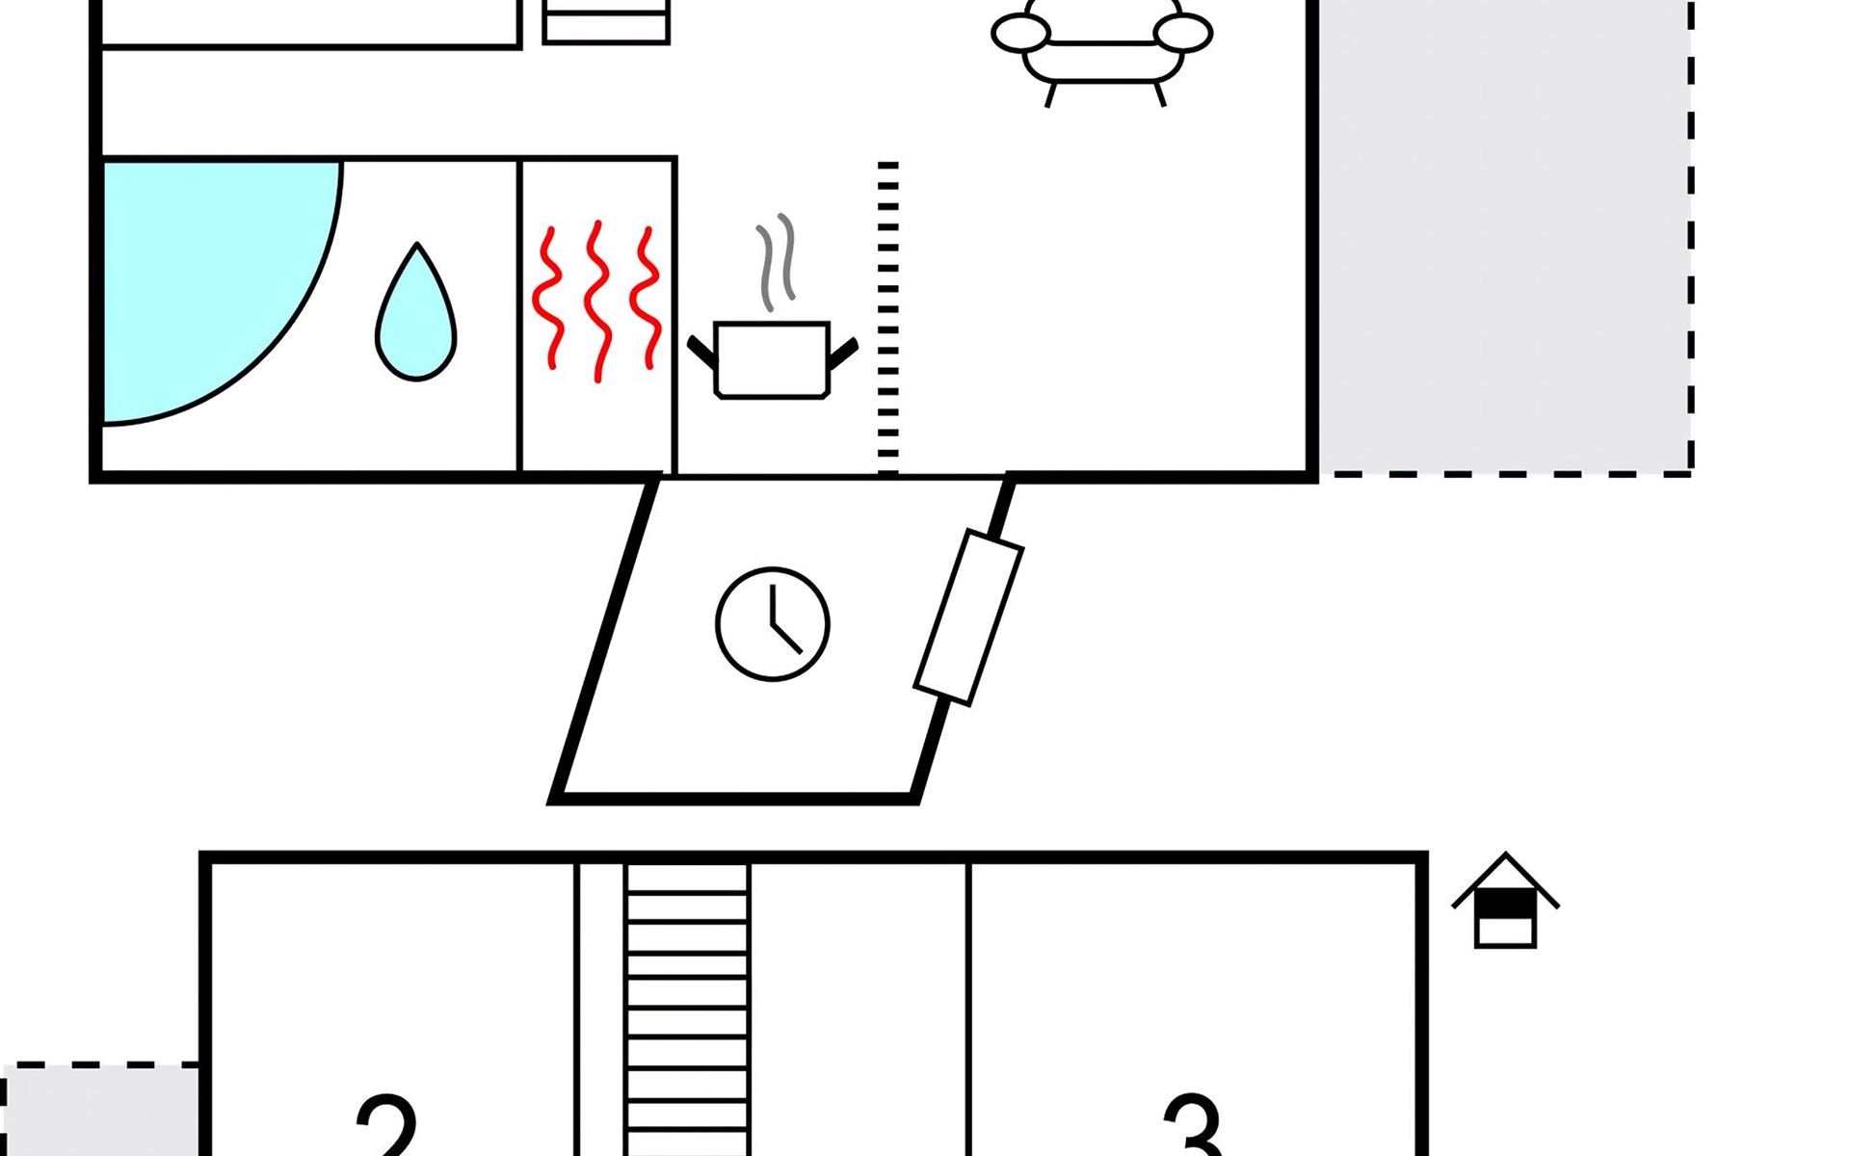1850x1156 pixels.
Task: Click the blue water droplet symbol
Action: [x=416, y=311]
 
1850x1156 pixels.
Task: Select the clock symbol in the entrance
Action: [x=773, y=624]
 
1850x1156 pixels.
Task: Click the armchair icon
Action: [x=1102, y=48]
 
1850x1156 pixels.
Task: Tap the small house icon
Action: [x=1505, y=901]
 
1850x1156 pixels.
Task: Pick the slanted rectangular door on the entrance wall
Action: [x=968, y=617]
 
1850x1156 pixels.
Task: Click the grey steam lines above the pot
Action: [x=777, y=262]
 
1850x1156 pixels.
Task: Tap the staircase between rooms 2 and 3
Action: [x=687, y=1010]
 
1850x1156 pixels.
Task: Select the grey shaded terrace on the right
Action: [x=1505, y=237]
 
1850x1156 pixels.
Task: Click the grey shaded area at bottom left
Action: [x=100, y=1111]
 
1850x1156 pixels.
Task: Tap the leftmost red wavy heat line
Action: [x=549, y=298]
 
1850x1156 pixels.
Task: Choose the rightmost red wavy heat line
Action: [x=647, y=298]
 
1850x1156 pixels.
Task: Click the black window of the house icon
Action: [x=1505, y=906]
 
